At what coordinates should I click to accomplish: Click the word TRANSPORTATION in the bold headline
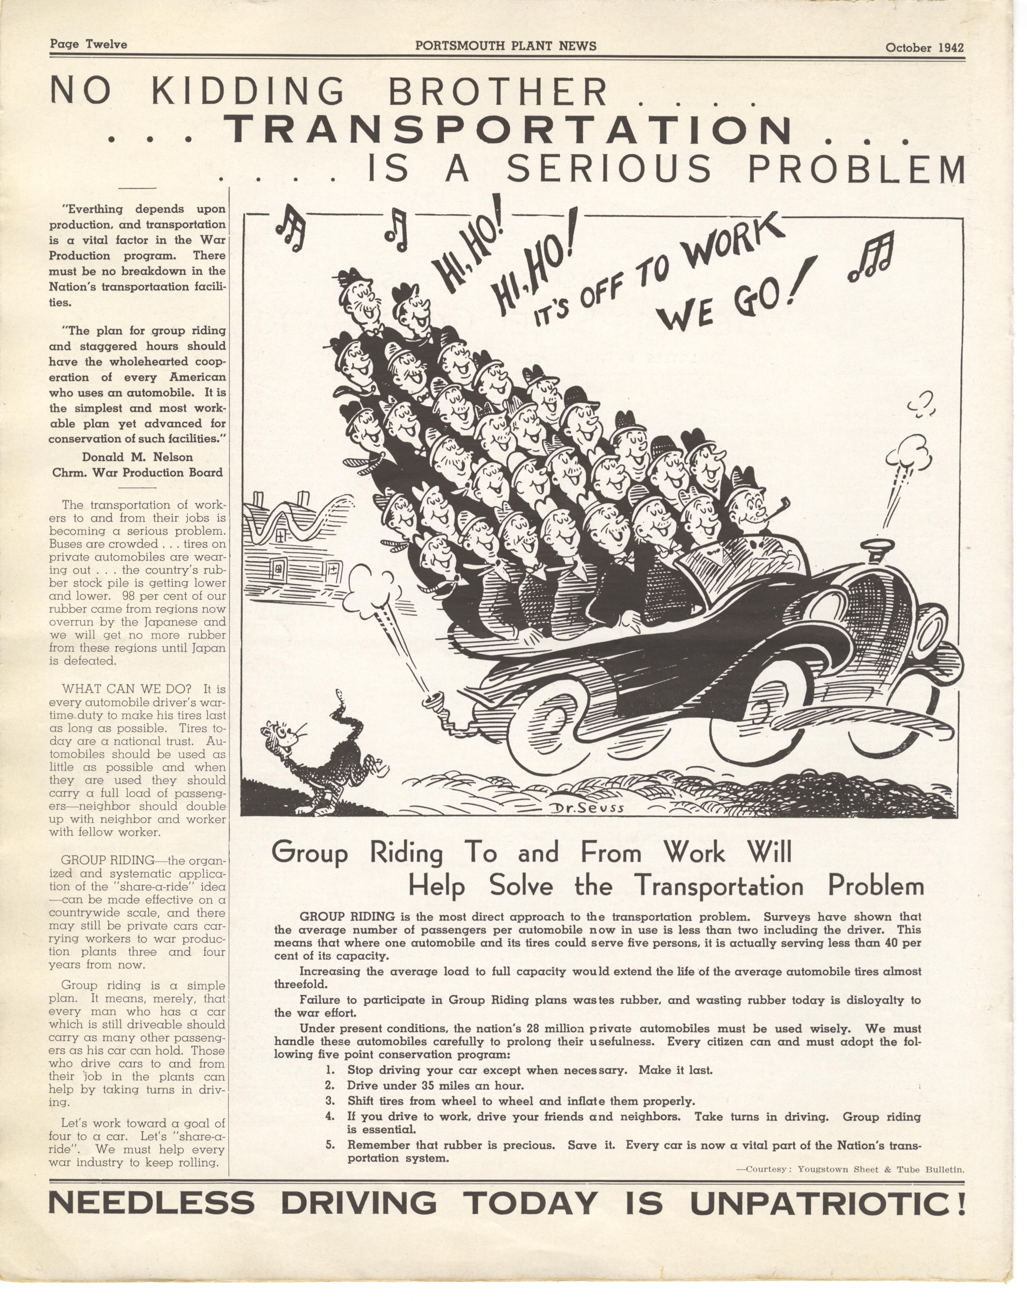click(508, 130)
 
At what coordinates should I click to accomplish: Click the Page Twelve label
click(88, 44)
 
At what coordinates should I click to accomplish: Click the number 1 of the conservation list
click(330, 1070)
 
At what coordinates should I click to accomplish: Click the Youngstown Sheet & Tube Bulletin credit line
click(850, 1169)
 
